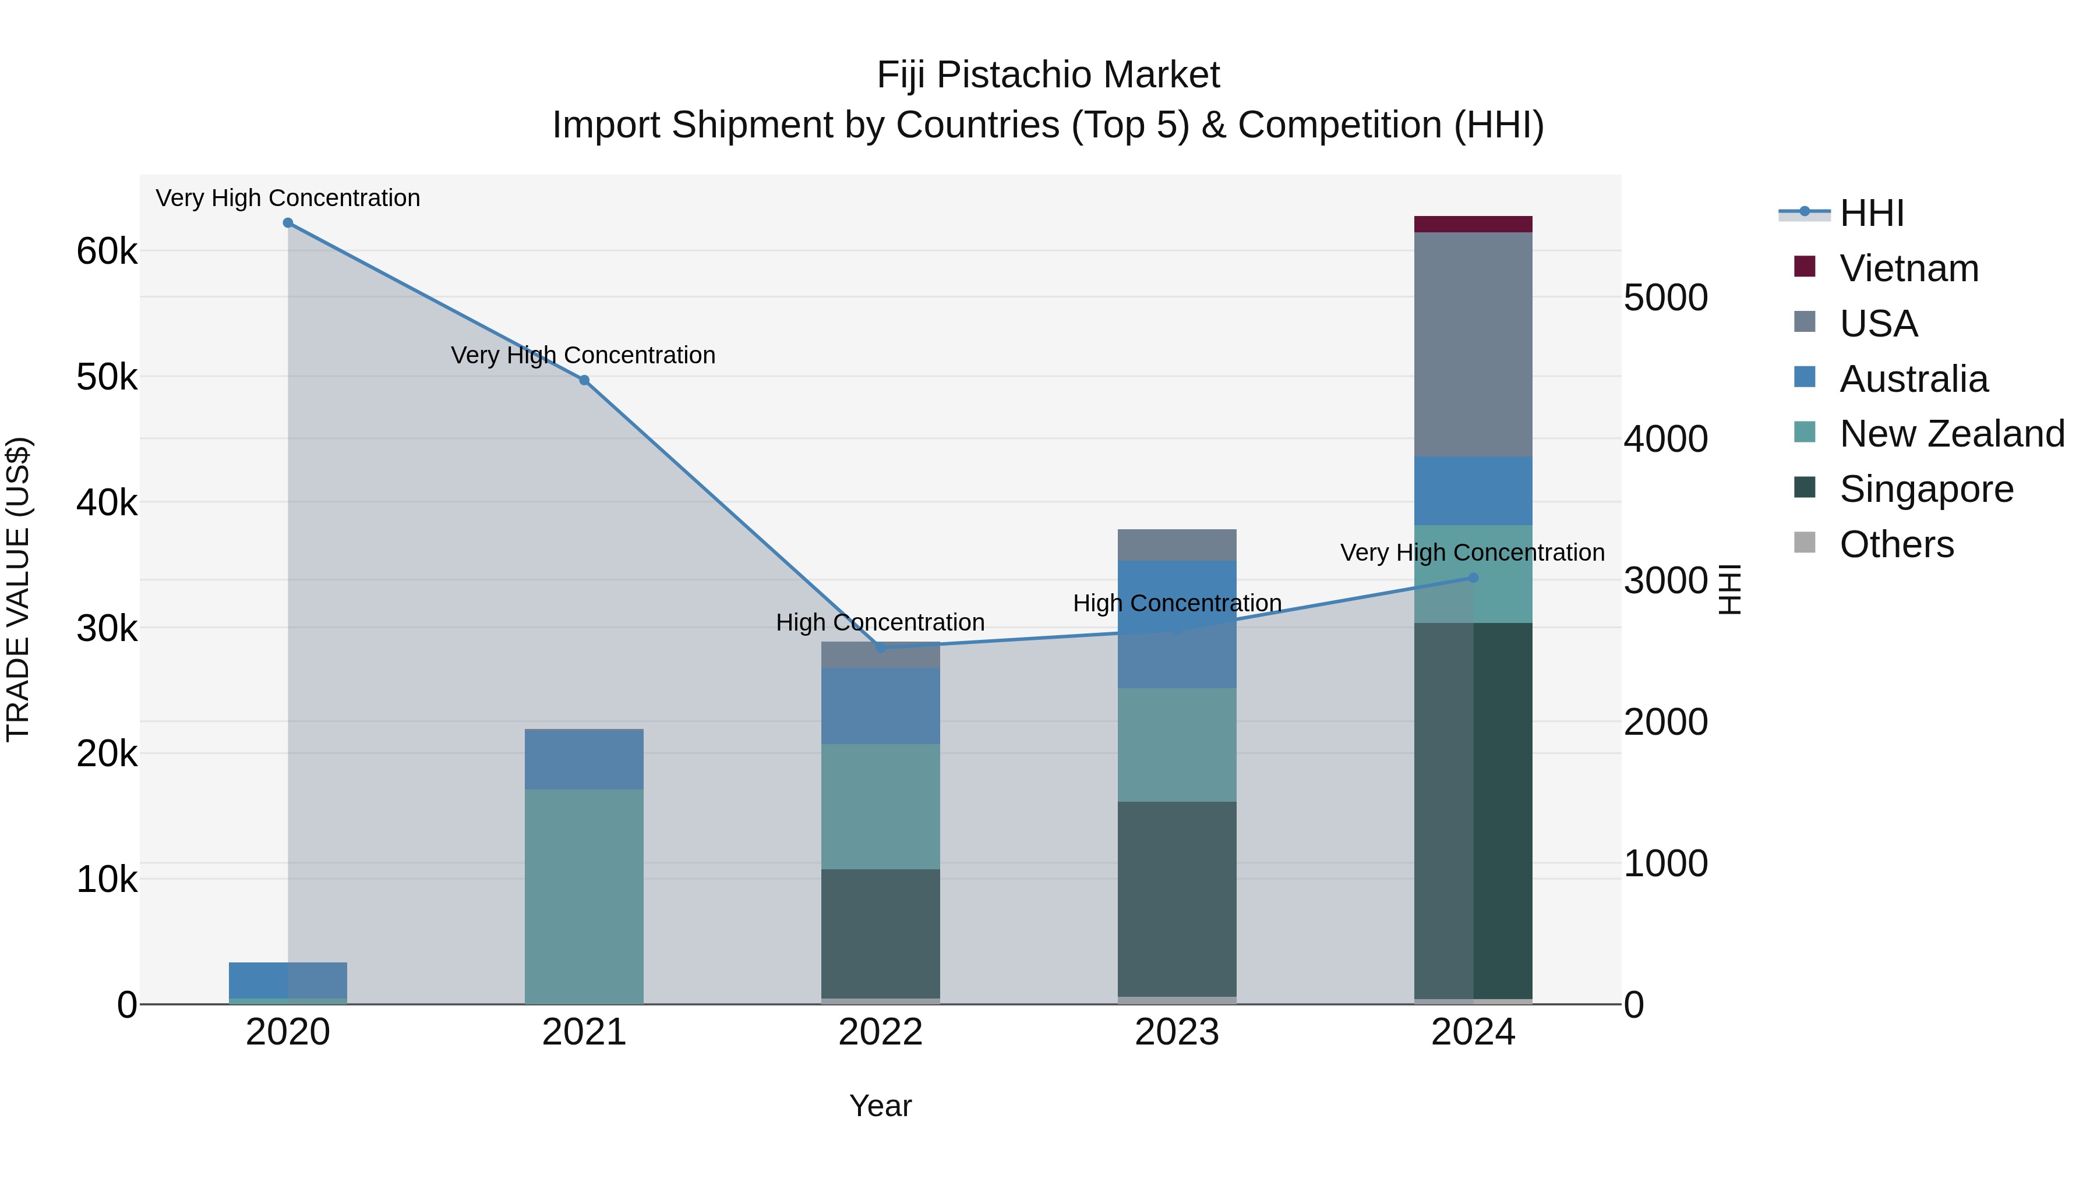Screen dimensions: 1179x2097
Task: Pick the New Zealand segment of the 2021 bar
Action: pos(584,895)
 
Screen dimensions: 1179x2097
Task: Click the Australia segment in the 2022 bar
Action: pos(880,706)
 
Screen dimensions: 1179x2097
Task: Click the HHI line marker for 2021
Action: pos(584,380)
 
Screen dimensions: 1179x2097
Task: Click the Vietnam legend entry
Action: pos(1908,268)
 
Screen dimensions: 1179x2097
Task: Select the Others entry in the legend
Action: pos(1896,544)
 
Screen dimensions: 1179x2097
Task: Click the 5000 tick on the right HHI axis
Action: pos(1665,298)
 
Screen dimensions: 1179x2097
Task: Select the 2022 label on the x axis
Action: pos(880,1032)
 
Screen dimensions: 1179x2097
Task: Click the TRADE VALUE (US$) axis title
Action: pos(18,589)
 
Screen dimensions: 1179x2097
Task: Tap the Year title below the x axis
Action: pos(880,1106)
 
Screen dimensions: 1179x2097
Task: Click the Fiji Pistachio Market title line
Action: pos(1048,75)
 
